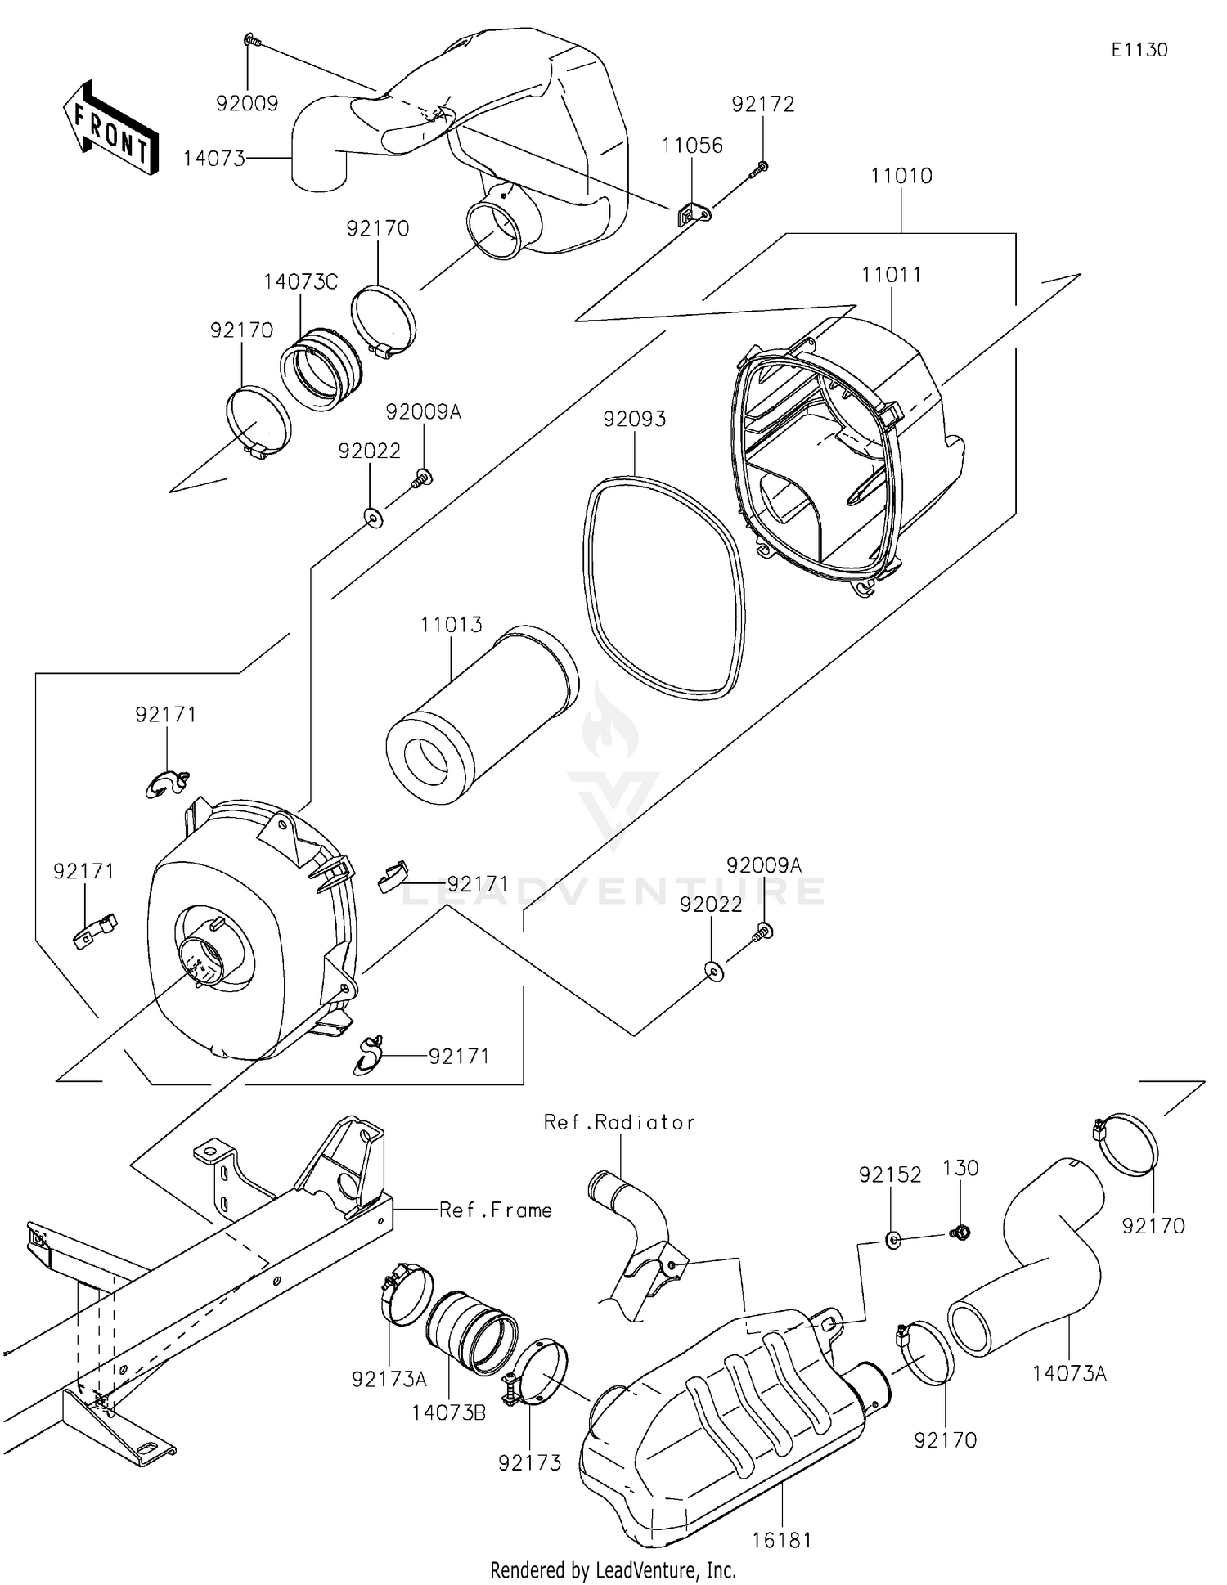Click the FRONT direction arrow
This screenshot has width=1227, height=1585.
coord(110,128)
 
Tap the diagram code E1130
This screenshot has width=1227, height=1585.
coord(1139,50)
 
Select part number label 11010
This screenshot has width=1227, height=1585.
coord(901,176)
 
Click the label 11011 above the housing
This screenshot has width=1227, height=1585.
coord(891,275)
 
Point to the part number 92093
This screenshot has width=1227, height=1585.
coord(634,419)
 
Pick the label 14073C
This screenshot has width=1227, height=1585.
coord(300,282)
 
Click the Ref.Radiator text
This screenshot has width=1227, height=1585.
coord(619,1122)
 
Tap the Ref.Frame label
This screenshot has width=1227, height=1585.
coord(495,1210)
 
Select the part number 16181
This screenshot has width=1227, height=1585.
coord(782,1540)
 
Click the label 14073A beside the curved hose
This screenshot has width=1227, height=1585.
coord(1069,1373)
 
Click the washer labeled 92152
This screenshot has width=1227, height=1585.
coord(893,1240)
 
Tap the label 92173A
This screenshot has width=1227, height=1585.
coord(389,1379)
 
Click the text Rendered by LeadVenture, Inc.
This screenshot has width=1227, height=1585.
coord(613,1569)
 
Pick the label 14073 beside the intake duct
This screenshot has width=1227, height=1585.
coord(213,159)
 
